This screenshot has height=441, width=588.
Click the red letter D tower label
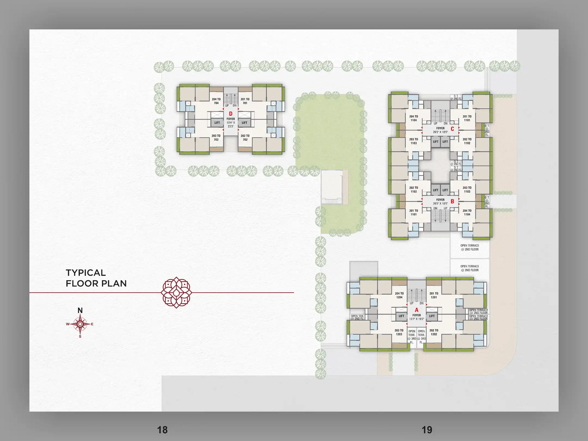(x=231, y=114)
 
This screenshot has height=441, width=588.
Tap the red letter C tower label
(x=452, y=129)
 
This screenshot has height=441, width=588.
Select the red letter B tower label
(x=452, y=201)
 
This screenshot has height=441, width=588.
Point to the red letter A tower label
(x=416, y=310)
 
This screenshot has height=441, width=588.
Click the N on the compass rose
(x=80, y=310)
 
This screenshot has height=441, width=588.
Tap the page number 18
(x=162, y=430)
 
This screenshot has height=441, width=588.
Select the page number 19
(x=427, y=430)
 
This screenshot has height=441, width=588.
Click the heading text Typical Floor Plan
(x=96, y=278)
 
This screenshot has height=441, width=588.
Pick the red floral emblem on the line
(x=176, y=293)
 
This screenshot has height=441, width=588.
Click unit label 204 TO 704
(x=216, y=101)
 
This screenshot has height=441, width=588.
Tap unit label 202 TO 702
(x=245, y=138)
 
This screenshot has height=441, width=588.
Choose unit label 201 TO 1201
(x=434, y=295)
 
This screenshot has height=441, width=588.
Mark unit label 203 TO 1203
(x=399, y=332)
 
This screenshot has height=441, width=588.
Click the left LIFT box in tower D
(x=217, y=123)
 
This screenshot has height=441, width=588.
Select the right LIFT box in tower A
(x=432, y=316)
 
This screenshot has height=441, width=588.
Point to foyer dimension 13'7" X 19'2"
(x=417, y=319)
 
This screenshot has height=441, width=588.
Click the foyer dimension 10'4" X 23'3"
(x=231, y=124)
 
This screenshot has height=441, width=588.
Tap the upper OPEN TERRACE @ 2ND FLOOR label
(x=470, y=247)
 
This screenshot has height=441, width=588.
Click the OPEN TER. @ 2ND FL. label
(x=357, y=317)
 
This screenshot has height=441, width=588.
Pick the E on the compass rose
(x=92, y=324)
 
